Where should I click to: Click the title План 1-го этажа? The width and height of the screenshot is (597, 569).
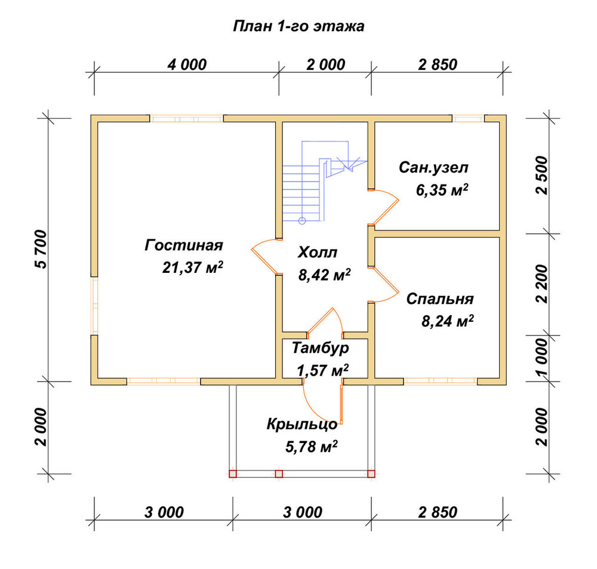click(x=298, y=26)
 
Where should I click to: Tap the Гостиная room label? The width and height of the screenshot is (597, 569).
click(x=183, y=245)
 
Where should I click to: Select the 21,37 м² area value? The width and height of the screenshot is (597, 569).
click(x=192, y=267)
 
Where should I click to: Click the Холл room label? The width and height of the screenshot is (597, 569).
click(x=317, y=252)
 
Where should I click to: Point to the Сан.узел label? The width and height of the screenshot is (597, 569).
click(x=433, y=168)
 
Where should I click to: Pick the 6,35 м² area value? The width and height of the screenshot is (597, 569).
click(x=442, y=189)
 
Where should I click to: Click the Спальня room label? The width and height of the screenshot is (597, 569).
click(x=440, y=299)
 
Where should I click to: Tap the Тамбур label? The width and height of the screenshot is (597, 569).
click(x=320, y=347)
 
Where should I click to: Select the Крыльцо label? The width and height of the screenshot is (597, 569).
click(x=302, y=425)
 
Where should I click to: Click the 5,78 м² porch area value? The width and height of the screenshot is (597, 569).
click(x=311, y=447)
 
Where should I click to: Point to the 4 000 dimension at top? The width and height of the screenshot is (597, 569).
click(x=187, y=64)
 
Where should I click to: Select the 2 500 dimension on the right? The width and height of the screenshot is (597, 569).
click(x=542, y=175)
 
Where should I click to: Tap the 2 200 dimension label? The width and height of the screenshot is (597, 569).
click(x=542, y=284)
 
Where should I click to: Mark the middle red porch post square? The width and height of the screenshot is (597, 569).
click(x=279, y=474)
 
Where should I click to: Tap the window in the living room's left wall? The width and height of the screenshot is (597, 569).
click(x=94, y=306)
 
